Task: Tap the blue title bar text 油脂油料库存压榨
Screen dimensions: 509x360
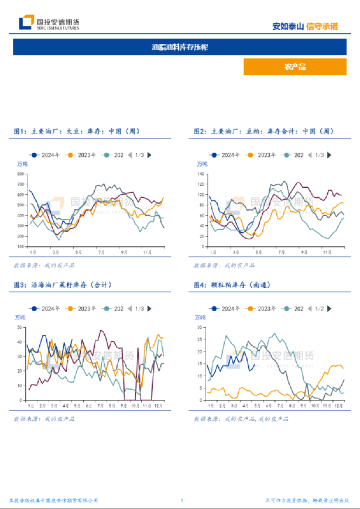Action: click(x=180, y=47)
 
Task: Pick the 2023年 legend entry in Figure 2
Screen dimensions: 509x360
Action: click(x=263, y=155)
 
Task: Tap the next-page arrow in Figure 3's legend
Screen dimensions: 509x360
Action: click(x=150, y=308)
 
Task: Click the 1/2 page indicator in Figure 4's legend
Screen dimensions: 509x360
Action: click(x=320, y=308)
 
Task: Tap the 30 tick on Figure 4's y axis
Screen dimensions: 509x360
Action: click(x=201, y=328)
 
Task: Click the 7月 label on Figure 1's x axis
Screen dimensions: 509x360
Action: click(x=101, y=252)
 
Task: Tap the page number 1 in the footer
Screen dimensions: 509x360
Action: click(x=182, y=501)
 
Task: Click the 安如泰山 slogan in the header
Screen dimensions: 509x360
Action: click(x=288, y=26)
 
